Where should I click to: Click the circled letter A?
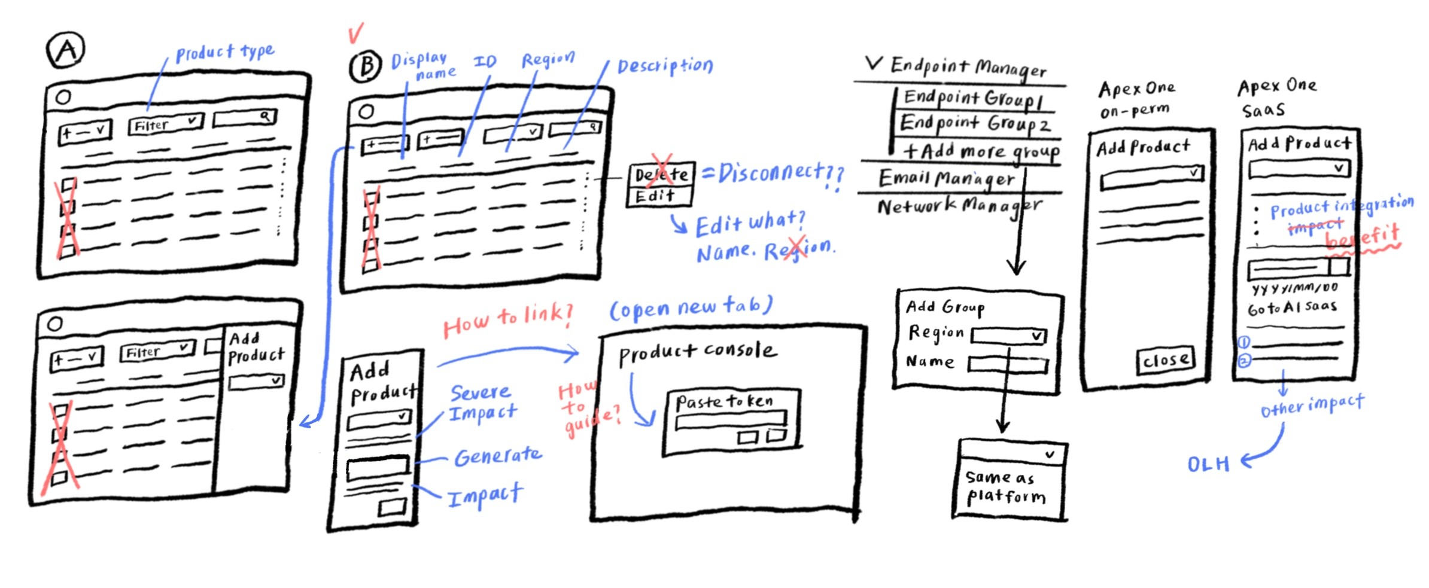(x=65, y=50)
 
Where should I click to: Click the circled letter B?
(x=365, y=66)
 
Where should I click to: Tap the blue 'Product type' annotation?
(x=224, y=53)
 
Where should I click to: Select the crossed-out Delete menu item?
(x=661, y=175)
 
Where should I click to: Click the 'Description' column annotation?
(x=665, y=65)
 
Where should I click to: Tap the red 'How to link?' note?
(x=507, y=320)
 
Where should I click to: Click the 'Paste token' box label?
(x=724, y=401)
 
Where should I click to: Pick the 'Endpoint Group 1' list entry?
(x=973, y=99)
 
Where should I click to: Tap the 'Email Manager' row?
(x=946, y=178)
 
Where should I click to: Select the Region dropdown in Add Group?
(x=1008, y=336)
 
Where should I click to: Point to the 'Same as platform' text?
(x=1005, y=487)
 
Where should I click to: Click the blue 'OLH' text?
(x=1208, y=464)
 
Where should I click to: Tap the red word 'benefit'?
(x=1363, y=237)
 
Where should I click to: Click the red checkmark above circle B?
(x=355, y=33)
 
